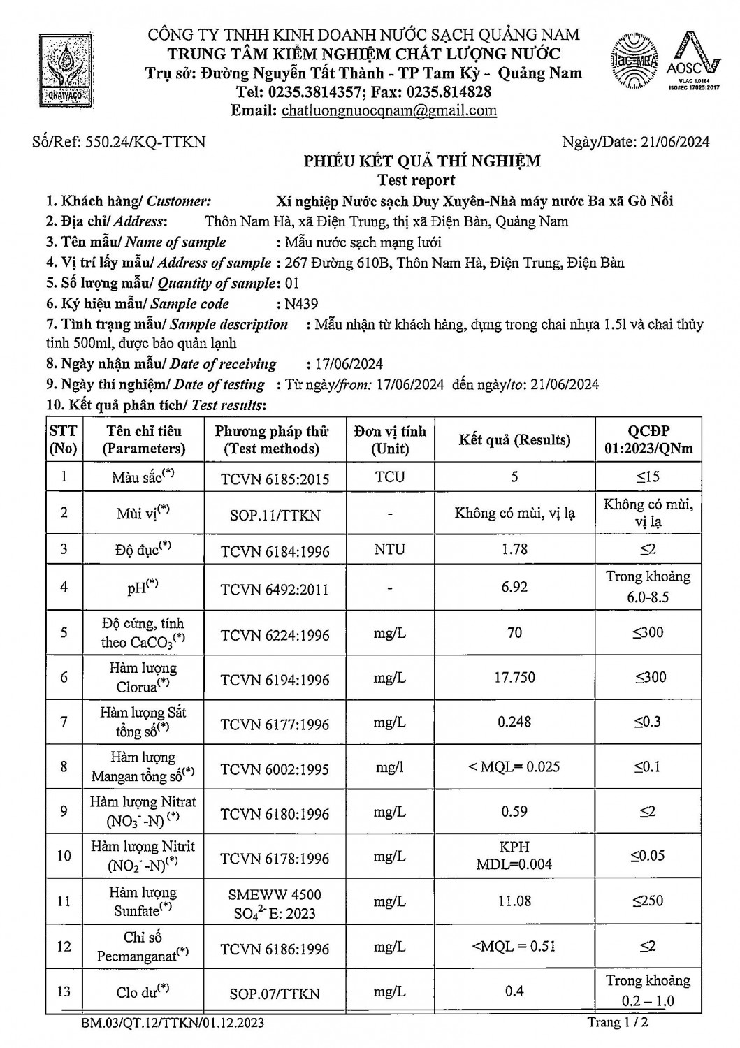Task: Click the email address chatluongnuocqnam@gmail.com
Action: (x=389, y=110)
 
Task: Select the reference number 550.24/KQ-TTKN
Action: (x=145, y=142)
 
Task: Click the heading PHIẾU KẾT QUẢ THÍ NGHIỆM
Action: (x=421, y=161)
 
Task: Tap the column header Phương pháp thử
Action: (x=271, y=439)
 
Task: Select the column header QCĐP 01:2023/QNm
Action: (x=648, y=439)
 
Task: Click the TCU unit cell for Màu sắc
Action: (x=389, y=476)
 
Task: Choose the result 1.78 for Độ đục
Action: (x=514, y=549)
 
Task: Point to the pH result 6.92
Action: (x=514, y=587)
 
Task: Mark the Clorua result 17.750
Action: (x=514, y=678)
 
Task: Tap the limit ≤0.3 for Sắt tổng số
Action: (x=648, y=722)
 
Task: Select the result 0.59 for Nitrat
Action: (x=514, y=812)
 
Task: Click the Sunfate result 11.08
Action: (x=514, y=901)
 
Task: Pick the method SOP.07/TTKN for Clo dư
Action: (x=275, y=994)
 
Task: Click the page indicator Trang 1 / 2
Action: (x=618, y=1023)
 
